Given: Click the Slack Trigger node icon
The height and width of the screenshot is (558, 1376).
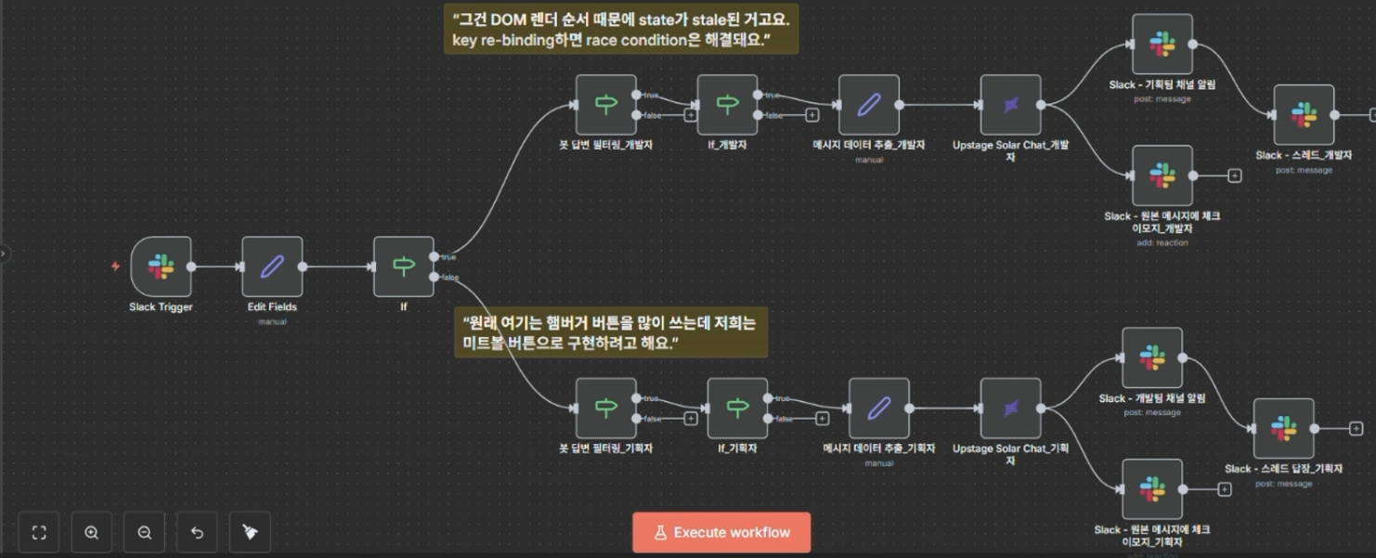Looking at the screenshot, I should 161,266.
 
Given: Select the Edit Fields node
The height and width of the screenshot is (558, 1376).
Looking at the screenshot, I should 272,266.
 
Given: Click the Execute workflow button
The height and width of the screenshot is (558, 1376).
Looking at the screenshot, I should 721,533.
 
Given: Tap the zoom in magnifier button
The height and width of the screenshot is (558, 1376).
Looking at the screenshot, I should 92,533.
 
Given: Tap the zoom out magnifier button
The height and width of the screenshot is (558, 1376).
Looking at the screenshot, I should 145,533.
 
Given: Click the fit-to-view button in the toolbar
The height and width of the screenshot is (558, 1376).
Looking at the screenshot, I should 39,533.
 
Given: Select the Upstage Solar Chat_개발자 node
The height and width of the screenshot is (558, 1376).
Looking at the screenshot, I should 1010,105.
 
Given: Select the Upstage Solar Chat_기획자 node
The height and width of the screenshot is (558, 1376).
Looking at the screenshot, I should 1010,408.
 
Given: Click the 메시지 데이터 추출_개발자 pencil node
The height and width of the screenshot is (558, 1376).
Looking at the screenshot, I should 868,105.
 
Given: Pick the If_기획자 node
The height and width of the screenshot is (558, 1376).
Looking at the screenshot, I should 737,408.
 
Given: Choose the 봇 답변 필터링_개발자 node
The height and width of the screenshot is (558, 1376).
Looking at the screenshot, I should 605,105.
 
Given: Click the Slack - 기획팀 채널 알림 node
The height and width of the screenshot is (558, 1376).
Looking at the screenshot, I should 1162,44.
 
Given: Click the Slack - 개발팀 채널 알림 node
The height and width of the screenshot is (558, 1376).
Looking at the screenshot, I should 1151,357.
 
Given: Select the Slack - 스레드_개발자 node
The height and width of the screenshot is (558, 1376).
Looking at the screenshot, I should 1304,115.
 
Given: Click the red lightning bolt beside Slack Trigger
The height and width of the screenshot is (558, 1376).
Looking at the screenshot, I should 115,266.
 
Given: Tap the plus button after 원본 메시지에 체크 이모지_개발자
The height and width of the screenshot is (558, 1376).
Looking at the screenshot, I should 1234,175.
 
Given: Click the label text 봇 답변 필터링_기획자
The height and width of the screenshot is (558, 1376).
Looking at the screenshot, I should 605,448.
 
